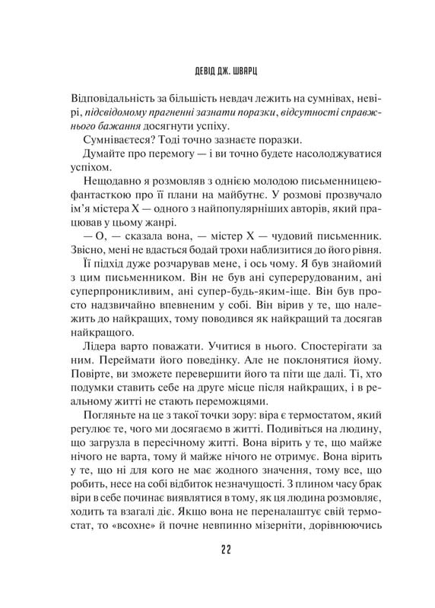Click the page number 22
[217, 551]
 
